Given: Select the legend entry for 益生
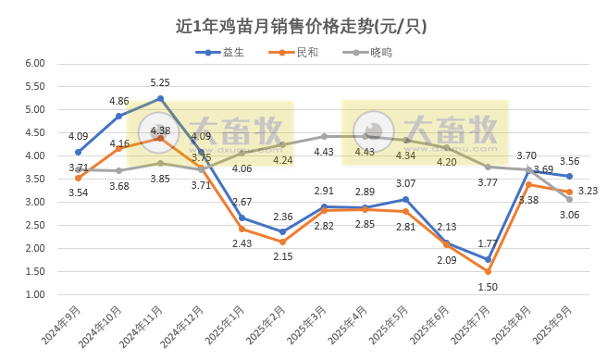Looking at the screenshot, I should pyautogui.click(x=233, y=52).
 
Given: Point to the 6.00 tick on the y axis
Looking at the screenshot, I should pyautogui.click(x=34, y=64).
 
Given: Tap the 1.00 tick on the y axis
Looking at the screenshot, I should pyautogui.click(x=34, y=295).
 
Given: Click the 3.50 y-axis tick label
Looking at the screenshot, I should pyautogui.click(x=34, y=180).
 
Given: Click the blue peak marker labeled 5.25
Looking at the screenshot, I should pyautogui.click(x=160, y=98).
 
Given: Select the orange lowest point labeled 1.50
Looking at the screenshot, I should pyautogui.click(x=487, y=271).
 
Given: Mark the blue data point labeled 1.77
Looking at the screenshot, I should pyautogui.click(x=487, y=259).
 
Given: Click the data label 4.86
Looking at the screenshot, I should pyautogui.click(x=118, y=101).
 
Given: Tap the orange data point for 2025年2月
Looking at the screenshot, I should pyautogui.click(x=283, y=242).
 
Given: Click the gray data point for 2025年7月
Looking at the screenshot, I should pyautogui.click(x=487, y=167).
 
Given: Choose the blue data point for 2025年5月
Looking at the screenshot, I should pyautogui.click(x=405, y=199).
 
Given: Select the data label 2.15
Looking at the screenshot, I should pyautogui.click(x=282, y=256).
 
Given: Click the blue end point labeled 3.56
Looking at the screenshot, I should pyautogui.click(x=569, y=176).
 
